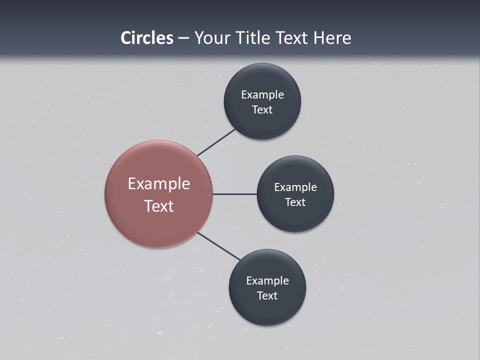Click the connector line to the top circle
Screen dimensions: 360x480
[216, 142]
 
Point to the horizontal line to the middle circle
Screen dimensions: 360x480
[234, 194]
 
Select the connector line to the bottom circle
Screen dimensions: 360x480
[219, 246]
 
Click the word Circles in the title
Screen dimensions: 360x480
[147, 38]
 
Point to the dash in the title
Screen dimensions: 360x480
[183, 38]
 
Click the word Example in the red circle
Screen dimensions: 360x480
[159, 184]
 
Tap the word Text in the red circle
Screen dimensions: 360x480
[159, 206]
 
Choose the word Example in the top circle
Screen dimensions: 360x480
[262, 95]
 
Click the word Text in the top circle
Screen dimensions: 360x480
[262, 109]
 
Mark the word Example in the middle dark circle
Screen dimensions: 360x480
[295, 187]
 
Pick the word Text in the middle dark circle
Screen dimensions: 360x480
[295, 202]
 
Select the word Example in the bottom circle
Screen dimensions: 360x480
[267, 281]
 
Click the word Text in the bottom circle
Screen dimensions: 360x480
[267, 295]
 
